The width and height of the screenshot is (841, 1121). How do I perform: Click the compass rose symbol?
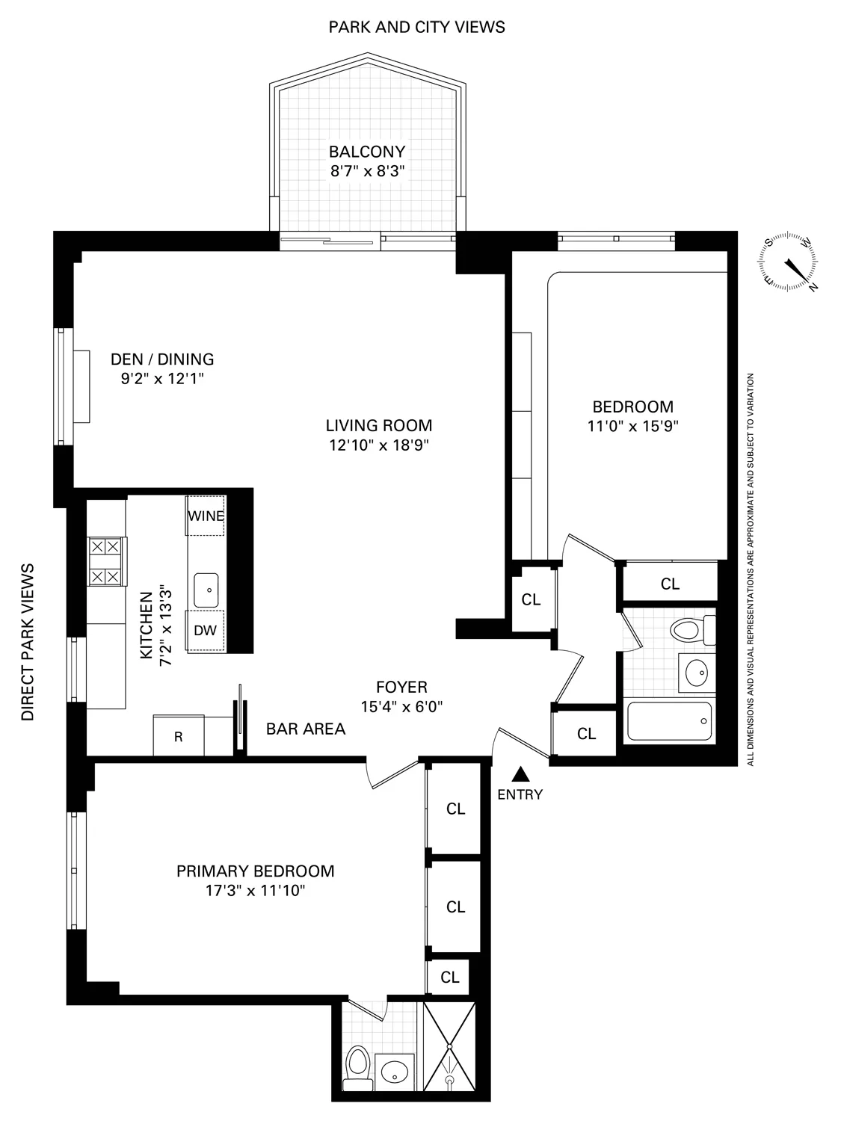789,262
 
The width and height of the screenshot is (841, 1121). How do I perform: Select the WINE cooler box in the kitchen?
206,516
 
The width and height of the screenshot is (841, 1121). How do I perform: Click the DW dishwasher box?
206,630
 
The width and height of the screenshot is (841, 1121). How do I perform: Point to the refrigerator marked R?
178,736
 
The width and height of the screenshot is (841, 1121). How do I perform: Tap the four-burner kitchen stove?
105,562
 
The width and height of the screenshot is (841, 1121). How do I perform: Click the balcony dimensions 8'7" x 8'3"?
367,170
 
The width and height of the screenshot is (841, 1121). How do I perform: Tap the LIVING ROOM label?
378,425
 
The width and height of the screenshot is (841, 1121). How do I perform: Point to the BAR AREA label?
306,729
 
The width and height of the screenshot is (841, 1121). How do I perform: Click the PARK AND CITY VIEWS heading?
416,28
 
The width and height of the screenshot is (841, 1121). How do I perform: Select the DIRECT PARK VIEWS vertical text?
28,641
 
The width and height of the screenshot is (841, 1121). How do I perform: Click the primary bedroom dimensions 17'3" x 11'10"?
255,891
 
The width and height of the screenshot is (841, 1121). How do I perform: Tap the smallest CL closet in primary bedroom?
449,977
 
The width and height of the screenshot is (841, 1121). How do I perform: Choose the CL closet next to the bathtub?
586,734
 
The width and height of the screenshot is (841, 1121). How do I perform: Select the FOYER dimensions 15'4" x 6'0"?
401,707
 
